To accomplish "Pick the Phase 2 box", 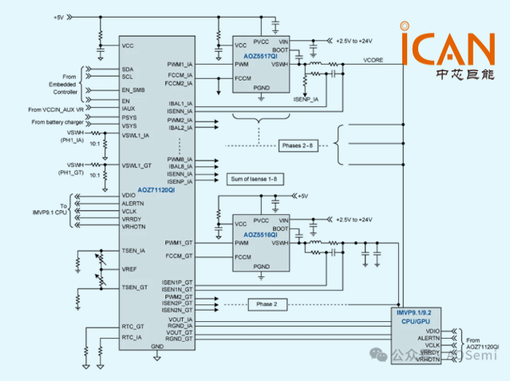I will (x=267, y=304).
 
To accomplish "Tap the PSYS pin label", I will (x=129, y=117).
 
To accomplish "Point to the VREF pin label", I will (x=129, y=268).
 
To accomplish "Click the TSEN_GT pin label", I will (x=134, y=287).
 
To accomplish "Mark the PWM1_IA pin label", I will (x=180, y=64).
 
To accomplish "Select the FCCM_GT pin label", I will (x=180, y=256).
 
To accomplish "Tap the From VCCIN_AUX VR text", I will (x=55, y=109).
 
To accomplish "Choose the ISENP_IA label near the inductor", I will (x=306, y=99).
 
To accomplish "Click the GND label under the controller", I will (x=157, y=347).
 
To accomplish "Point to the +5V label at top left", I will (x=59, y=17).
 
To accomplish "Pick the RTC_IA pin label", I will (x=132, y=337).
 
